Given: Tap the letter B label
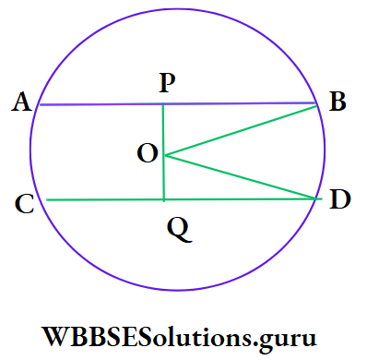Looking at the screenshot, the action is [337, 102].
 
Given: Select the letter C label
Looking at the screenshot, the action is [26, 204].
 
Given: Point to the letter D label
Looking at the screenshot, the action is [340, 199].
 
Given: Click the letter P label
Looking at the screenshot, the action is [167, 84].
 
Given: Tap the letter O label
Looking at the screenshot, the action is [147, 155].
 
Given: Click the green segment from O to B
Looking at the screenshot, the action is [240, 130].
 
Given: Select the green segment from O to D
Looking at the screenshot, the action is [240, 176].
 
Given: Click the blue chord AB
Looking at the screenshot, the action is [101, 104].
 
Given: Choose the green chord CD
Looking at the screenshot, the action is [101, 199].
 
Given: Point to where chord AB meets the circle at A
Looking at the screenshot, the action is [37, 104].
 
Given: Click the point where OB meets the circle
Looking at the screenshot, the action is [316, 104].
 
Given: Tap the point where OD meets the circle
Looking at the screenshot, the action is [319, 198].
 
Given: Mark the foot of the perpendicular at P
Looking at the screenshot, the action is [163, 104].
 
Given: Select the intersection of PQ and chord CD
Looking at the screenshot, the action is [163, 199].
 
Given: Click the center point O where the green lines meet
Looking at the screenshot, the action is [163, 155].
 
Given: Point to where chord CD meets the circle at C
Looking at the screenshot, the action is [46, 199].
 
